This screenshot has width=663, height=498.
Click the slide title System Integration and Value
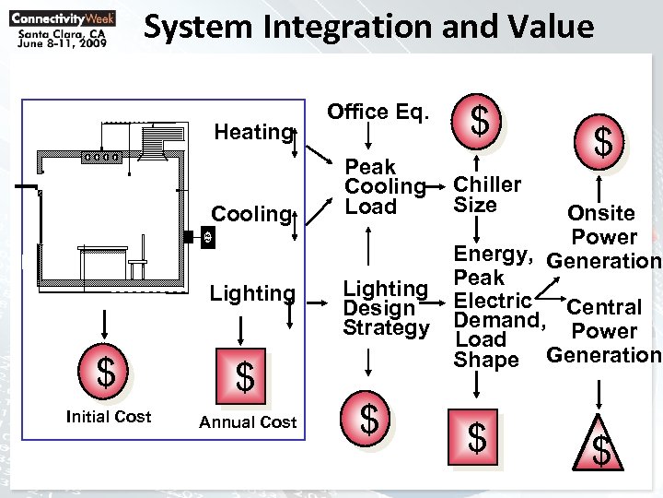pyautogui.click(x=368, y=29)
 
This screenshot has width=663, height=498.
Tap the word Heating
pyautogui.click(x=251, y=132)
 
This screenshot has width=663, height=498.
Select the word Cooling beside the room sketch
pyautogui.click(x=250, y=214)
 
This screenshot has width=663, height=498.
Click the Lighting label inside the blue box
pyautogui.click(x=251, y=294)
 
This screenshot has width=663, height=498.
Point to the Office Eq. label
pyautogui.click(x=378, y=112)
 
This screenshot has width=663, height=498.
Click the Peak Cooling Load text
pyautogui.click(x=384, y=186)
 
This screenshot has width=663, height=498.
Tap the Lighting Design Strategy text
pyautogui.click(x=386, y=308)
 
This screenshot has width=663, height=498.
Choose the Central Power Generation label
pyautogui.click(x=603, y=330)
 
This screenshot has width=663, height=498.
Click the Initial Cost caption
pyautogui.click(x=109, y=417)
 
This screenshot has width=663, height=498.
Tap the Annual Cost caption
pyautogui.click(x=248, y=422)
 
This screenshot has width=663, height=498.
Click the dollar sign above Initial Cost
pyautogui.click(x=107, y=373)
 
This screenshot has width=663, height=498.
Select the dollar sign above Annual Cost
pyautogui.click(x=244, y=376)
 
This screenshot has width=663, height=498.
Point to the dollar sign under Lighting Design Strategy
pyautogui.click(x=369, y=420)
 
